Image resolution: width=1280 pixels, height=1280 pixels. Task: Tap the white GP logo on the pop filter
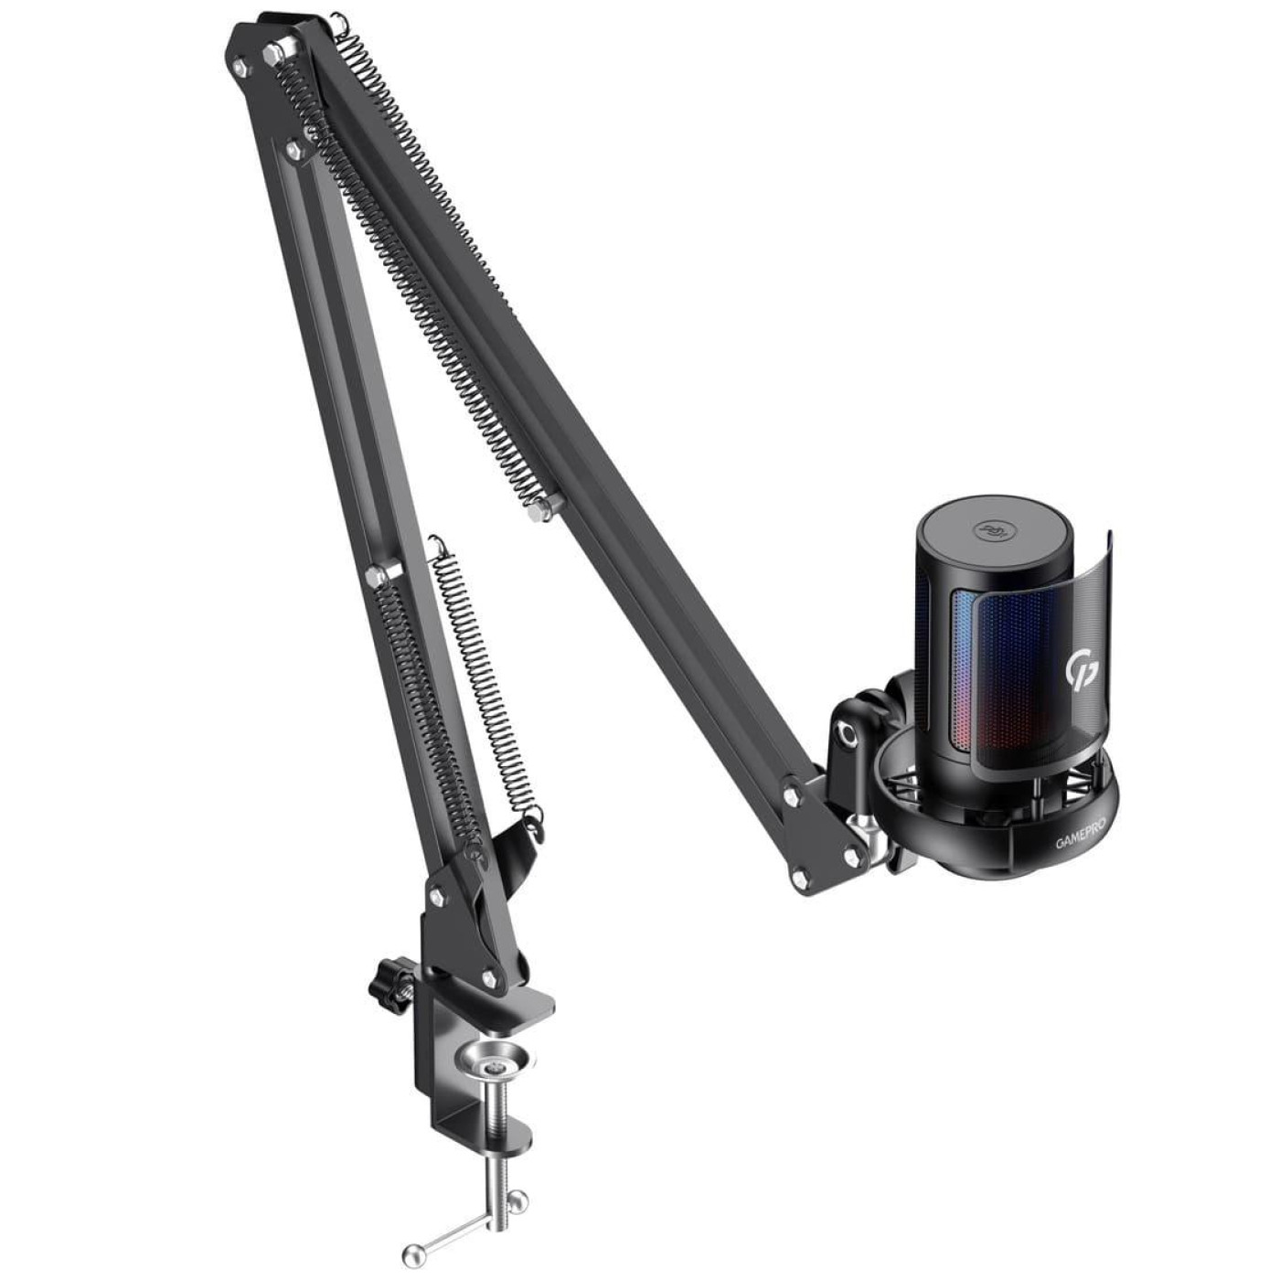[1079, 671]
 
